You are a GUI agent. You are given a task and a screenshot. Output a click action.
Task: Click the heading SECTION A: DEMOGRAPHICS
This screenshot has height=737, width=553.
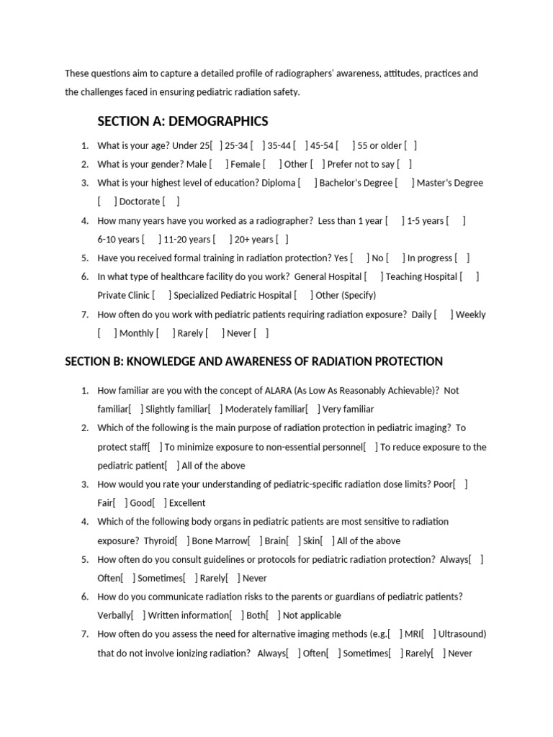(182, 121)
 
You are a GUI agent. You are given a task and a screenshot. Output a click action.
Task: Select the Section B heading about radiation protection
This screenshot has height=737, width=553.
(253, 361)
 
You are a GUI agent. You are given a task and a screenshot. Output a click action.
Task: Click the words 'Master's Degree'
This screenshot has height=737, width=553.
(450, 183)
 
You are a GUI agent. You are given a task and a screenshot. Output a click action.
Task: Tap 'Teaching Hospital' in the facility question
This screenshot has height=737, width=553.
(421, 276)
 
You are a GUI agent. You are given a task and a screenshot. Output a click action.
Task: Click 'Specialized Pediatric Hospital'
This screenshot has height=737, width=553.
(233, 295)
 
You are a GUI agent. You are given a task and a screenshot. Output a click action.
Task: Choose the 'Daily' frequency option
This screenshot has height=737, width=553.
(421, 315)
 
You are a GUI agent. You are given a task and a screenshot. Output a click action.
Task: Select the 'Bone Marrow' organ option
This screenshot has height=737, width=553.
(219, 541)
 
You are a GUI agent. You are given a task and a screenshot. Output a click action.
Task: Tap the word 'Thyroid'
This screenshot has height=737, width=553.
(158, 541)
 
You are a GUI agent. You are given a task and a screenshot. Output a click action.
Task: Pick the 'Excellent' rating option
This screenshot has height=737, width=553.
(187, 503)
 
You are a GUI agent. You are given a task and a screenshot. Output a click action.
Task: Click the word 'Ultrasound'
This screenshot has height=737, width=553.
(462, 634)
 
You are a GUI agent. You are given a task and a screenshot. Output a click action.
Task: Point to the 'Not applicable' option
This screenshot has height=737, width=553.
(312, 615)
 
